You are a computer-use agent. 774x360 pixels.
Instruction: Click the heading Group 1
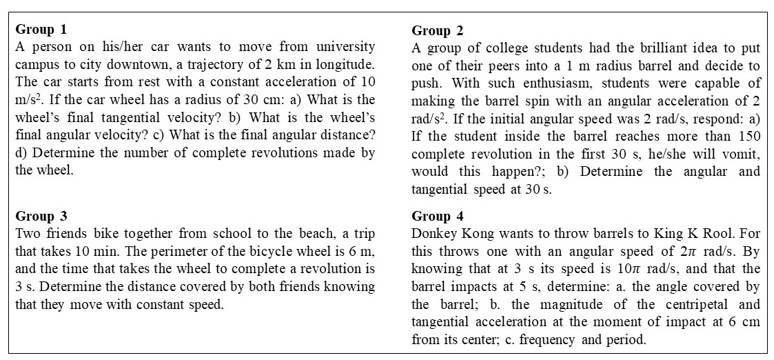click(41, 29)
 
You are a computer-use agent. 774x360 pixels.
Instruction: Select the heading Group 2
click(438, 30)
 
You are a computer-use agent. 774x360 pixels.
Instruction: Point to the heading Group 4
click(438, 216)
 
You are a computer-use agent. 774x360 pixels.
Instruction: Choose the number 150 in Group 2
click(749, 135)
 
